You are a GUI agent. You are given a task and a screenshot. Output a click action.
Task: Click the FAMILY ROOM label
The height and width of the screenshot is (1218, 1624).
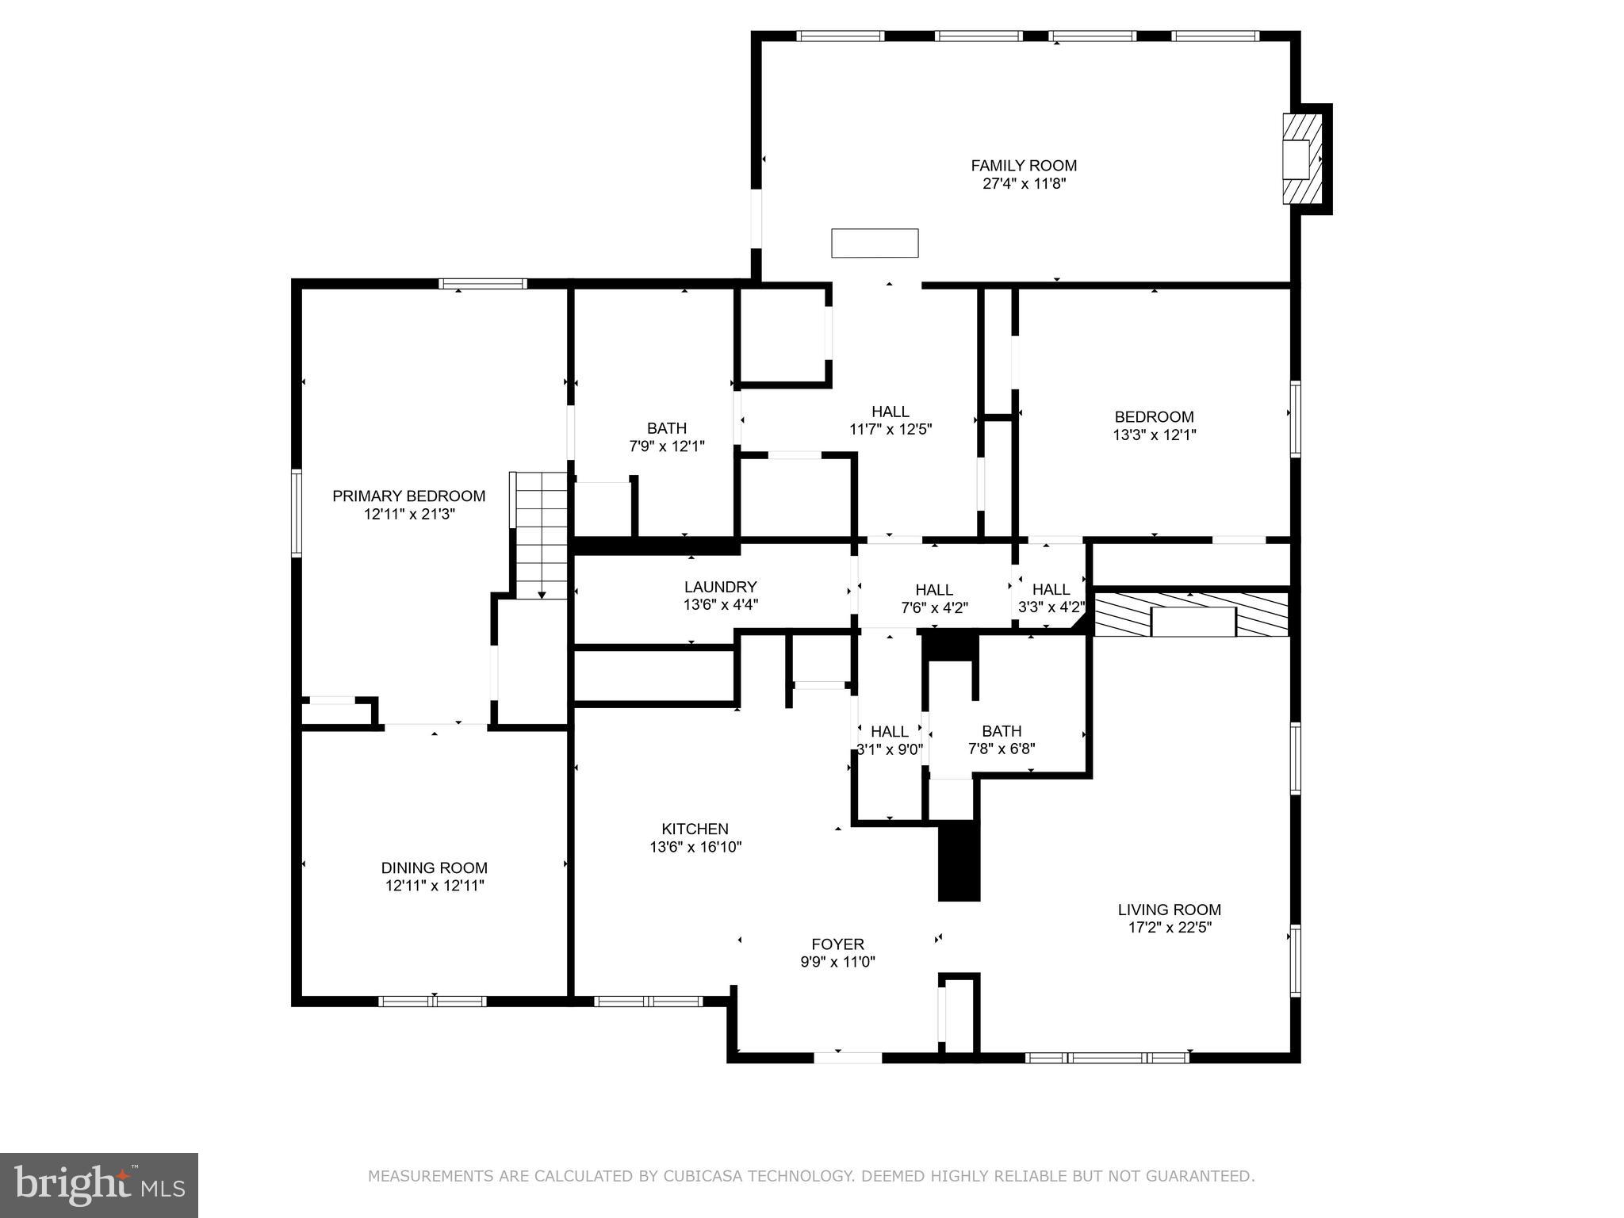1024,166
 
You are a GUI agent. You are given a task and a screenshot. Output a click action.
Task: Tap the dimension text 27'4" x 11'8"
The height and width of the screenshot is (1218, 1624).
1024,184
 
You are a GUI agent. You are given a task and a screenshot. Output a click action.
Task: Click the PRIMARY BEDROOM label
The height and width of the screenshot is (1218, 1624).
408,496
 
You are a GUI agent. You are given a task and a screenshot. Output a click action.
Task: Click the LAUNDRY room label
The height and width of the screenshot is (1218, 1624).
720,587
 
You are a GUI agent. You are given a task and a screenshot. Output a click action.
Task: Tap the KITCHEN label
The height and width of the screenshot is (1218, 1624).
695,829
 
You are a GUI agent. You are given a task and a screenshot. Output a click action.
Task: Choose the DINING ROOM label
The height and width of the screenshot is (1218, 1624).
435,868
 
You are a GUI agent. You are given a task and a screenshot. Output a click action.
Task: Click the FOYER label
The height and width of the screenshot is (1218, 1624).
837,944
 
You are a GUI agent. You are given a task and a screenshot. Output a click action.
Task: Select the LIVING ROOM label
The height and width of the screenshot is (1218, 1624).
1169,910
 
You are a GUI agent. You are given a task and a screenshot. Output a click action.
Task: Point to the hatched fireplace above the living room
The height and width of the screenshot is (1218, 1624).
1191,614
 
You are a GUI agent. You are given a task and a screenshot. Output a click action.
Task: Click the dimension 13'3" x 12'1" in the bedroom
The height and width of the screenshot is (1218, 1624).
1154,435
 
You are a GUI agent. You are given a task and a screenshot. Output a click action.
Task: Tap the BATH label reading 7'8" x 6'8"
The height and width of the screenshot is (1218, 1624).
1002,731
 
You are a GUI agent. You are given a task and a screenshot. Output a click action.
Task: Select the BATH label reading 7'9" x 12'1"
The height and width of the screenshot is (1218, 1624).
666,428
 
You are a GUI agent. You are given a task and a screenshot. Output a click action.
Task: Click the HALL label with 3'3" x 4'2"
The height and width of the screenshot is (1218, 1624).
1051,589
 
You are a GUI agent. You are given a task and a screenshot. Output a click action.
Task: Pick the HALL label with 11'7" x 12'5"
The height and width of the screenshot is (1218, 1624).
890,412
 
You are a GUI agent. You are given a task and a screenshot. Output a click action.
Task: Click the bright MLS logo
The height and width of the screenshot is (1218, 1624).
99,1185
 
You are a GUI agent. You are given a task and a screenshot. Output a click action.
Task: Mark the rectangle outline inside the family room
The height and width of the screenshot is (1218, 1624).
875,243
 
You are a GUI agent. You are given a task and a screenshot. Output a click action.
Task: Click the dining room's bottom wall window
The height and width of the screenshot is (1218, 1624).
432,1002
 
